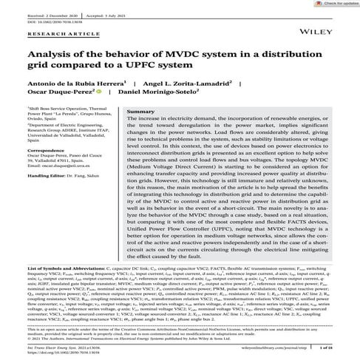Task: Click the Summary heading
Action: pos(141,112)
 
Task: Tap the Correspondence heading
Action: pos(48,150)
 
